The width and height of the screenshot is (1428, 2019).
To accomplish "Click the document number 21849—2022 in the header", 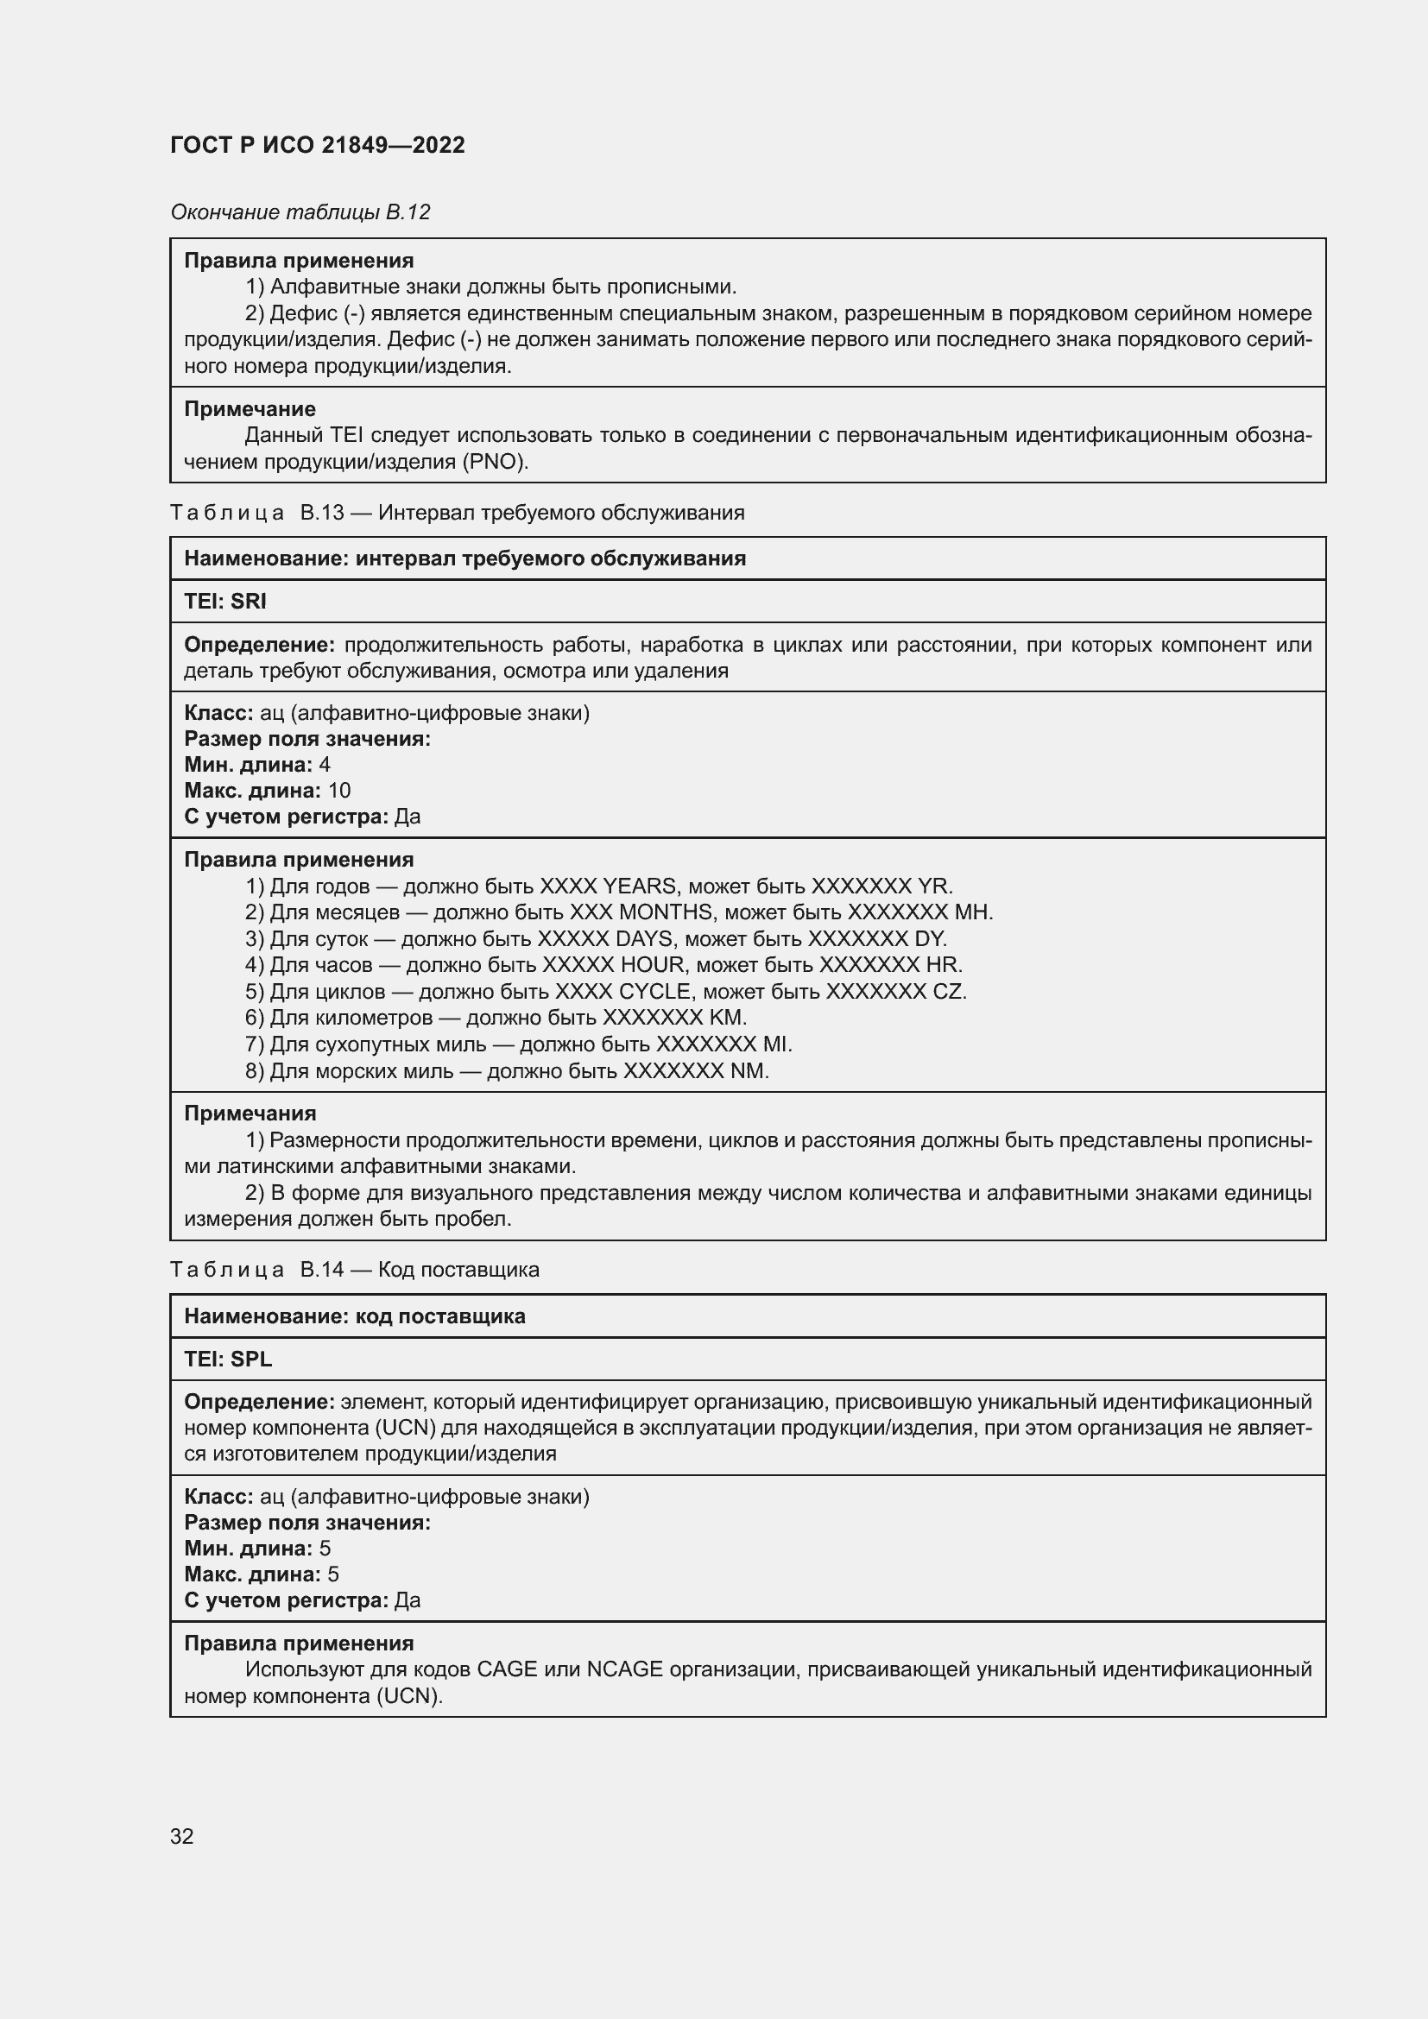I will click(393, 145).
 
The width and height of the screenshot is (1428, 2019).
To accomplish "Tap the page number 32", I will click(182, 1836).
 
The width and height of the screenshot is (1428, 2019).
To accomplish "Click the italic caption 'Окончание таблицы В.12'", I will click(300, 212).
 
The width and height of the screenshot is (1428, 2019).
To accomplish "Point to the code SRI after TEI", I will click(249, 602).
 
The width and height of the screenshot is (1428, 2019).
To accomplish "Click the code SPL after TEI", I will click(251, 1359).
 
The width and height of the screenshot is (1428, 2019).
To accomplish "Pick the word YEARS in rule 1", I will click(640, 886).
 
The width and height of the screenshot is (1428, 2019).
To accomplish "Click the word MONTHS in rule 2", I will click(666, 912).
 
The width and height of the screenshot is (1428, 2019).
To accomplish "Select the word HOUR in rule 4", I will click(652, 965).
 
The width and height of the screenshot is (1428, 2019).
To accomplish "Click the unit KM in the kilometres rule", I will click(727, 1018).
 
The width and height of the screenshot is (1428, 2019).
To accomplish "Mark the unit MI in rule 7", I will click(776, 1044).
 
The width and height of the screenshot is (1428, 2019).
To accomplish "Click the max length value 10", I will click(338, 791).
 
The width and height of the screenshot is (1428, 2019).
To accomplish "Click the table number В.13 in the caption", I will click(322, 513).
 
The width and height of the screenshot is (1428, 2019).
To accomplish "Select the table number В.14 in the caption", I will click(322, 1270).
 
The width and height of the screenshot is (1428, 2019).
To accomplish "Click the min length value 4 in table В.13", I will click(325, 764).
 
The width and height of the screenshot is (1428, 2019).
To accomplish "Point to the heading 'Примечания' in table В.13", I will click(250, 1114).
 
